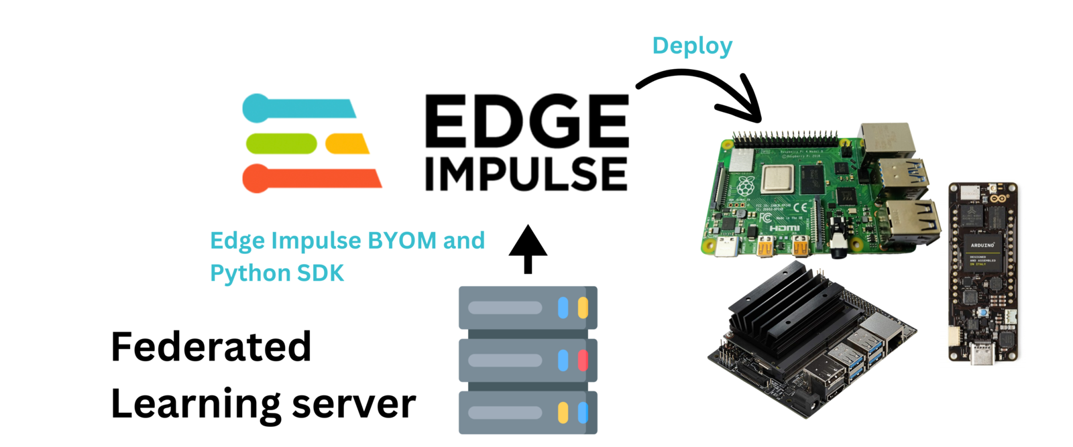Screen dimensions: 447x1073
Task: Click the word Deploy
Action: tap(692, 46)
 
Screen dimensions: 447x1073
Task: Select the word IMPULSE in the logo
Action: tap(526, 174)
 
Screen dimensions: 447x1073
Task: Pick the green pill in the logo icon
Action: tap(281, 143)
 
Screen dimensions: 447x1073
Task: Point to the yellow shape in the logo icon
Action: tap(347, 143)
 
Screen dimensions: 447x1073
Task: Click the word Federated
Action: tap(211, 346)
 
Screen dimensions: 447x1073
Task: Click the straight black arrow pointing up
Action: tap(528, 248)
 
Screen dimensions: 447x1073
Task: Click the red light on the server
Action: tap(583, 361)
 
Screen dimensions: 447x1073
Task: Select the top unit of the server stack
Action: tap(528, 308)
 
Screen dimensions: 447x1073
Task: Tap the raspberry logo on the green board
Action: tap(745, 186)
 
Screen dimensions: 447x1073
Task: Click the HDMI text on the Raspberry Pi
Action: tap(784, 229)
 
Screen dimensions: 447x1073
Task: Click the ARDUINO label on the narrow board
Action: tap(982, 245)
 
